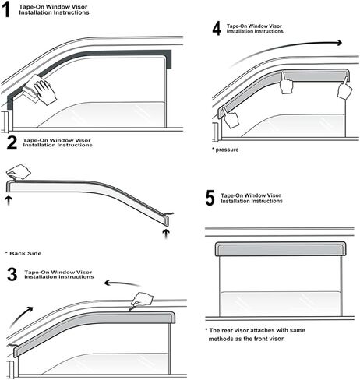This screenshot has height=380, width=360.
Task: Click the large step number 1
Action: point(6,10)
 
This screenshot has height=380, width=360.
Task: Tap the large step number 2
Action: point(12,142)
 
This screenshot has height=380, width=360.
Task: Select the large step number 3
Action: point(12,274)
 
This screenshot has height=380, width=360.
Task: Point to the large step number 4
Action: point(217,28)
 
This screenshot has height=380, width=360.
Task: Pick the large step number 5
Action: point(210,198)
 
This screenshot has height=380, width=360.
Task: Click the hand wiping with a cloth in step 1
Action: point(45,91)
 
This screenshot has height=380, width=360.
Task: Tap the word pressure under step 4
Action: point(227,150)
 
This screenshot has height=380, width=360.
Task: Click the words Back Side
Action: point(26,253)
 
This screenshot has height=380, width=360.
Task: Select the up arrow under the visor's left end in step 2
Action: point(9,200)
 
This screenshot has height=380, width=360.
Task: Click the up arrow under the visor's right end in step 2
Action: point(166,234)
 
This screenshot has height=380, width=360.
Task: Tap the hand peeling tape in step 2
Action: point(18,172)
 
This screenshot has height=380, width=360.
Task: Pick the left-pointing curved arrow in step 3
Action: point(122,283)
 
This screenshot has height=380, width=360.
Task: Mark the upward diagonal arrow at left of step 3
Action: point(21,316)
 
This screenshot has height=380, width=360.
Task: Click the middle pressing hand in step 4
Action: point(287,83)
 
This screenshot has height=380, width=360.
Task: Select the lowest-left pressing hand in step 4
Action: point(230,118)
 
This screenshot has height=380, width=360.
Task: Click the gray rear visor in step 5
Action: point(281,249)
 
